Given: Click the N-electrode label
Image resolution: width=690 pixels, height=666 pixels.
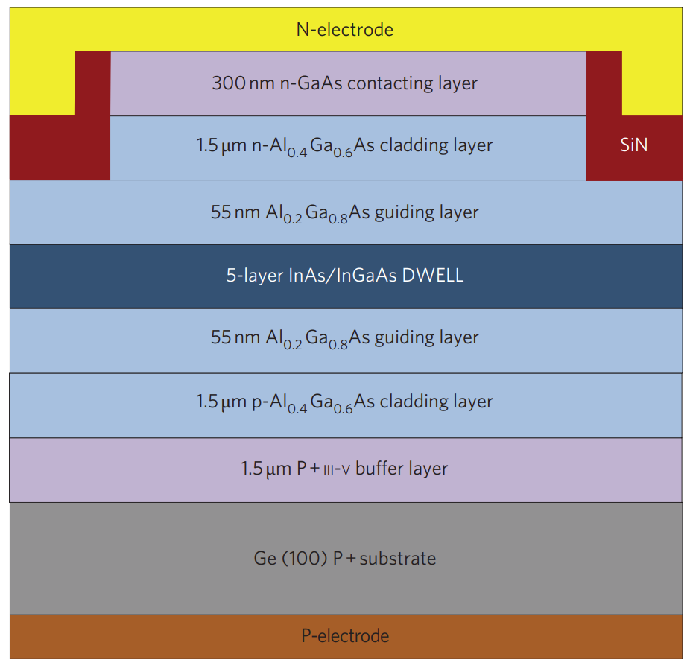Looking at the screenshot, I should click(x=344, y=31).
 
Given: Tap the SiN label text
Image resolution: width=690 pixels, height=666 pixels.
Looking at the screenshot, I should click(x=634, y=145).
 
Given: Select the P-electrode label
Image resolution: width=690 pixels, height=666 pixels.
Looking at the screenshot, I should click(x=345, y=636).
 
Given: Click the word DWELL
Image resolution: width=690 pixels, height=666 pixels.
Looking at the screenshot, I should click(x=433, y=276).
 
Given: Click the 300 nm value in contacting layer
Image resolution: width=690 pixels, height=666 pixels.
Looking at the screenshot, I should click(x=238, y=83).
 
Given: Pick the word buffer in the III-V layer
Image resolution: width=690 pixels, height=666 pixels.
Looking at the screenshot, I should click(x=377, y=469).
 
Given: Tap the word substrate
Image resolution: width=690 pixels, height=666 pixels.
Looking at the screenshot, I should click(x=398, y=558).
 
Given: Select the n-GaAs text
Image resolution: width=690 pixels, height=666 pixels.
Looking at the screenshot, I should click(x=306, y=83).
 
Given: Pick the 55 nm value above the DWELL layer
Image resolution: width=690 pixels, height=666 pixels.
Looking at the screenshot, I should click(x=235, y=212).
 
